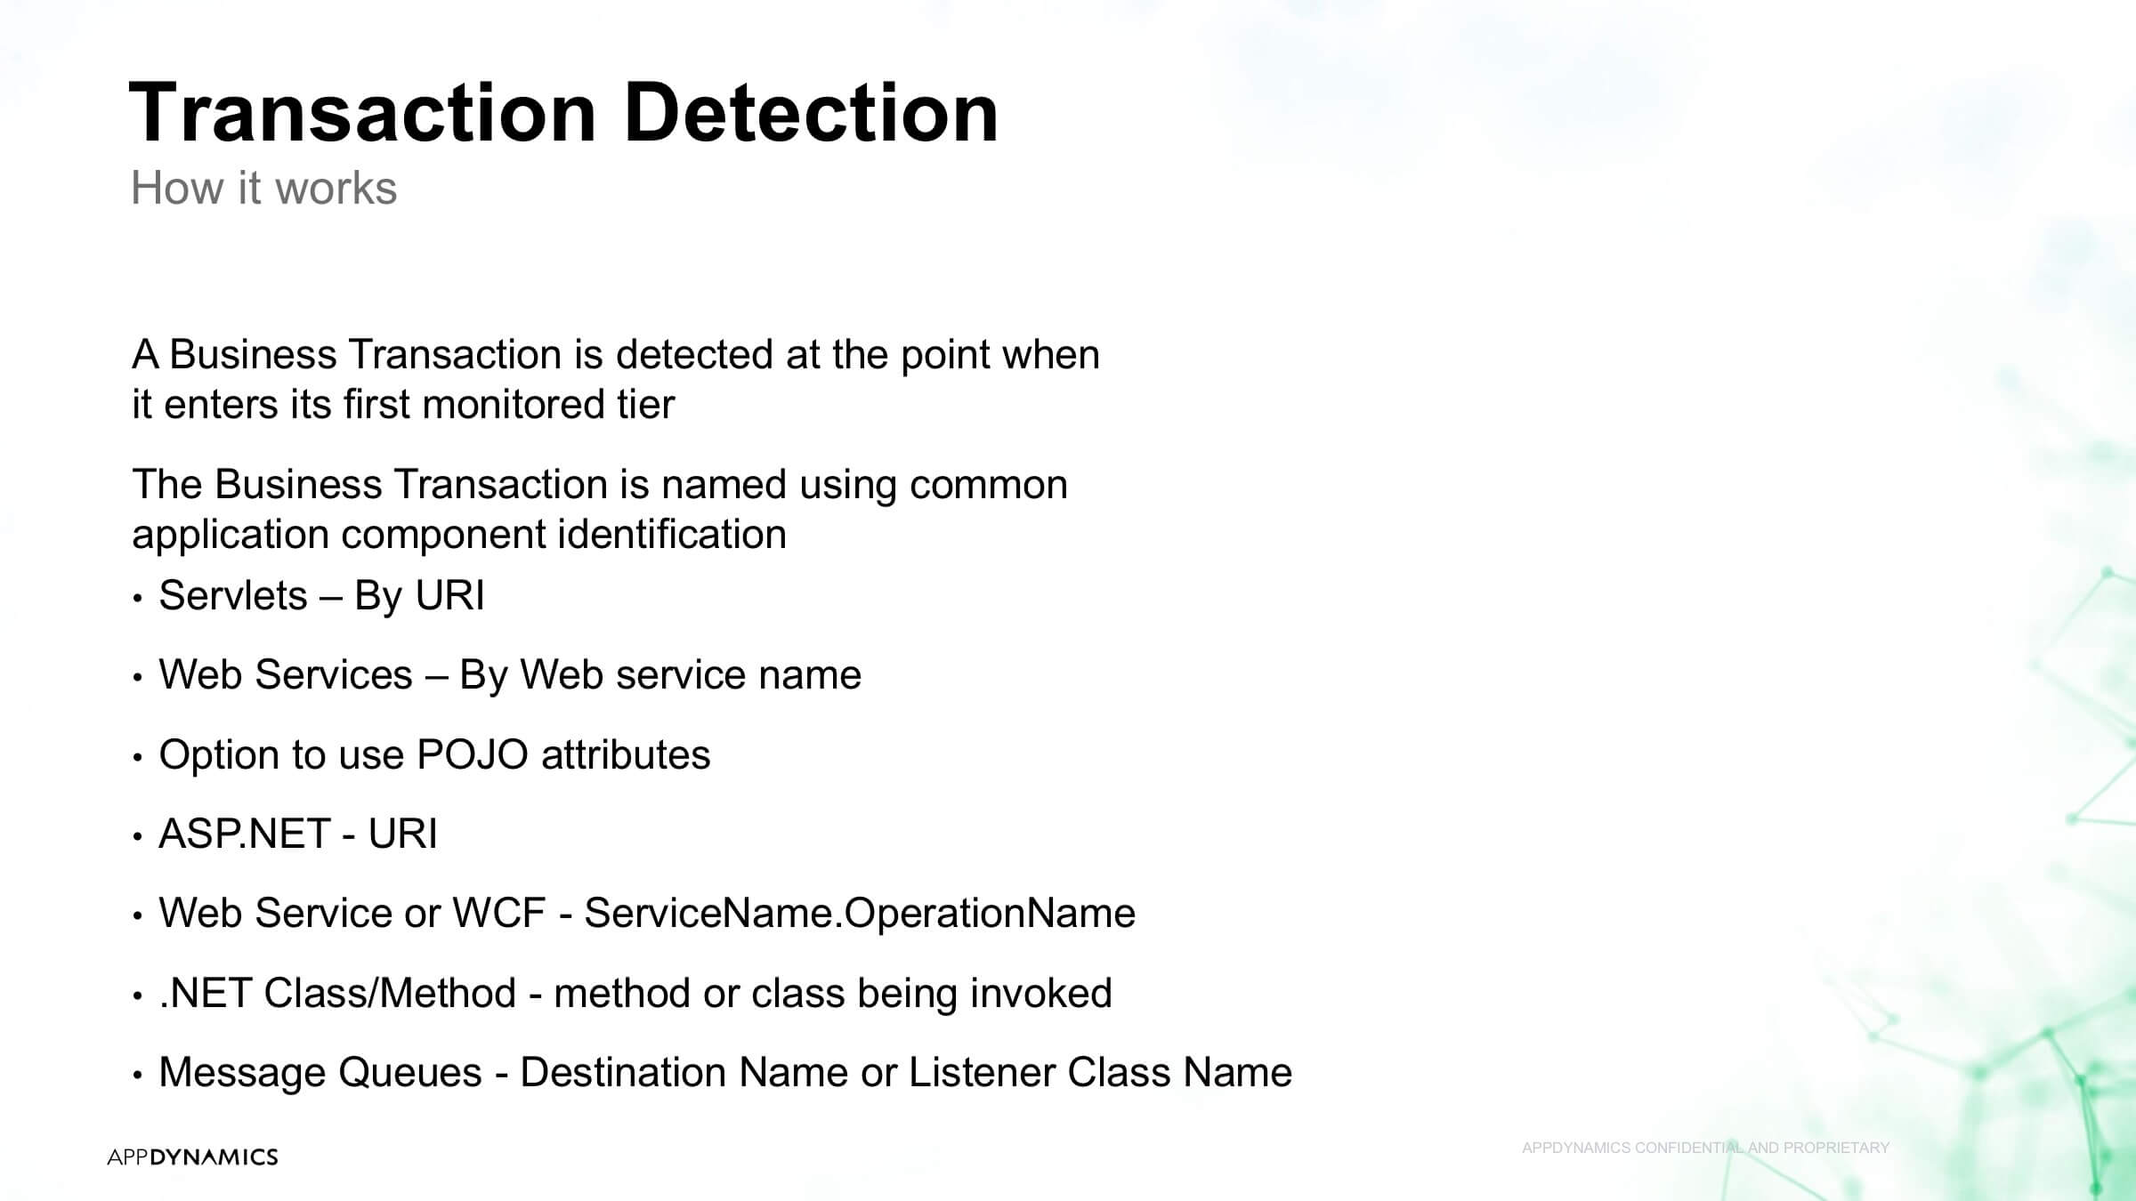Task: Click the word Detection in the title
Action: [811, 112]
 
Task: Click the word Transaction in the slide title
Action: [363, 112]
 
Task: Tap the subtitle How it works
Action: [264, 188]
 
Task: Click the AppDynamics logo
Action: [192, 1157]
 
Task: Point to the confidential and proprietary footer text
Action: [1705, 1148]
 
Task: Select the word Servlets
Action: [233, 595]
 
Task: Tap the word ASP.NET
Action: [244, 834]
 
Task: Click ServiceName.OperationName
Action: [860, 913]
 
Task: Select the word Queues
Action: [410, 1072]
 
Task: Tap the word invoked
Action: [1041, 993]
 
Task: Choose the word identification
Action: [672, 534]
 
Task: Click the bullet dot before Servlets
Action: [137, 599]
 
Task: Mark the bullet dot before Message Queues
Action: [137, 1076]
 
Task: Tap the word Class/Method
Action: [390, 993]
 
